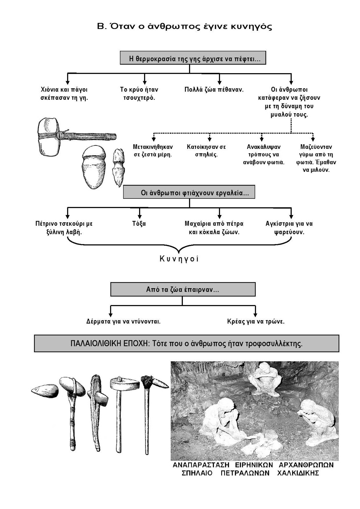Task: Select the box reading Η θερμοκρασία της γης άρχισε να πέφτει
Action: pyautogui.click(x=193, y=59)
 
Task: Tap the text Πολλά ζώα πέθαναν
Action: pyautogui.click(x=214, y=89)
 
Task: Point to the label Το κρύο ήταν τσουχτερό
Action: pyautogui.click(x=139, y=94)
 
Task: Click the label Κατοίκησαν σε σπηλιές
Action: pyautogui.click(x=206, y=151)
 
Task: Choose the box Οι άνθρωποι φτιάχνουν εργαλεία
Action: pyautogui.click(x=189, y=192)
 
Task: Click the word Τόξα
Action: pyautogui.click(x=139, y=224)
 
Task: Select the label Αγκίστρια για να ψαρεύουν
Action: pyautogui.click(x=289, y=228)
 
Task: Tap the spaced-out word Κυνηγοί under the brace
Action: pyautogui.click(x=179, y=259)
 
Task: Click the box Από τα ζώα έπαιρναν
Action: pyautogui.click(x=183, y=290)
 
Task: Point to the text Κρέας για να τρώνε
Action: pyautogui.click(x=256, y=321)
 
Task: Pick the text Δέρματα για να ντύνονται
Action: pyautogui.click(x=123, y=321)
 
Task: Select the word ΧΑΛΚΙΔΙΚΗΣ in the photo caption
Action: pyautogui.click(x=298, y=473)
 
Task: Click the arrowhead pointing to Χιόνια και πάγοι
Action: pyautogui.click(x=67, y=81)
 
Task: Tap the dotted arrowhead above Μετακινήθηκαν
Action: pyautogui.click(x=154, y=139)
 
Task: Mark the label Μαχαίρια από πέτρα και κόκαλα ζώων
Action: pyautogui.click(x=214, y=228)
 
